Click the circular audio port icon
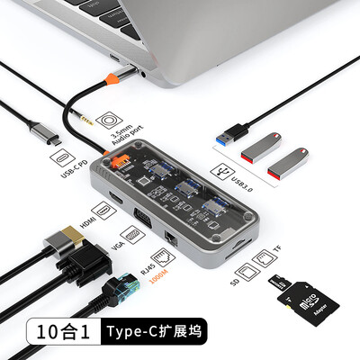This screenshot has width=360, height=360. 107,121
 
